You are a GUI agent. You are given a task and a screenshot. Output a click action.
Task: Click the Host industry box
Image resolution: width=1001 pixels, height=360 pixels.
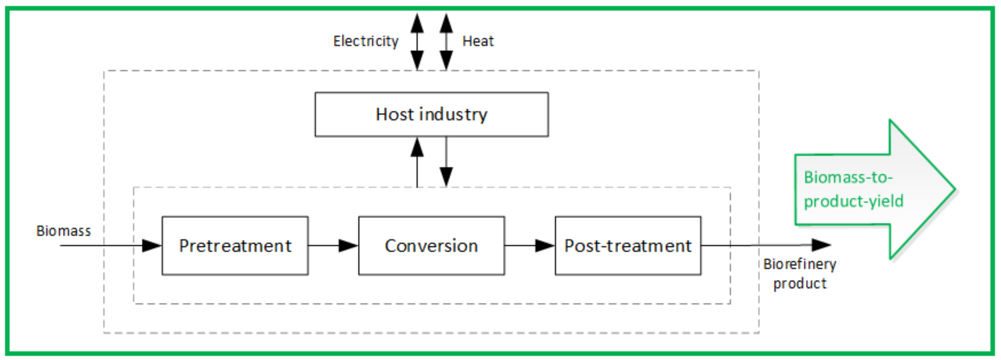[431, 114]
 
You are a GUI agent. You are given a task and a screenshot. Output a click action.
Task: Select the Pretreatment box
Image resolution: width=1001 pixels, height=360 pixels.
[235, 246]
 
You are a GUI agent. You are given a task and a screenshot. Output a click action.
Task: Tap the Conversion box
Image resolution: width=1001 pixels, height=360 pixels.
[431, 246]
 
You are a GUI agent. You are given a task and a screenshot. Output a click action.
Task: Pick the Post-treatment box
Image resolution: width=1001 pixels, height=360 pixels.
[628, 246]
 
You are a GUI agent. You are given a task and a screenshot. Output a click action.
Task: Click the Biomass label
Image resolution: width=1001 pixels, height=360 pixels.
[63, 231]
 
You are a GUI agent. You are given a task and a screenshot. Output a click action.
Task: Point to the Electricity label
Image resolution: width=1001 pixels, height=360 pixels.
[366, 41]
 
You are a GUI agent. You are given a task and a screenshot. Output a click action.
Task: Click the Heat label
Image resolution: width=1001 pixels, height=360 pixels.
[478, 41]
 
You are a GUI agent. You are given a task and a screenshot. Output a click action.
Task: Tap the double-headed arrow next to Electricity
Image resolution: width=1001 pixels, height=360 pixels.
[417, 42]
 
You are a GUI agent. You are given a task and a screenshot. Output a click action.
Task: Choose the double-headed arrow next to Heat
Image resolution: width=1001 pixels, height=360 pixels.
[446, 42]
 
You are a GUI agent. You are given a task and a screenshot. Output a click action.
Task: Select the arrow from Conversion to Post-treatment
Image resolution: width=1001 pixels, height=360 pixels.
[529, 246]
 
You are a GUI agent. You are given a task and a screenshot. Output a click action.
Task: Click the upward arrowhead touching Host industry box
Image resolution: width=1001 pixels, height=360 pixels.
[417, 147]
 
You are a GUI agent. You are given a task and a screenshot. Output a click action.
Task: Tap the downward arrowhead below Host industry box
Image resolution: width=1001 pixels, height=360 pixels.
[446, 177]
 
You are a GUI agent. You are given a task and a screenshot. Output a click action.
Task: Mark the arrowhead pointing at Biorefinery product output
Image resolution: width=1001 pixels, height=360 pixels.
[821, 245]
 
